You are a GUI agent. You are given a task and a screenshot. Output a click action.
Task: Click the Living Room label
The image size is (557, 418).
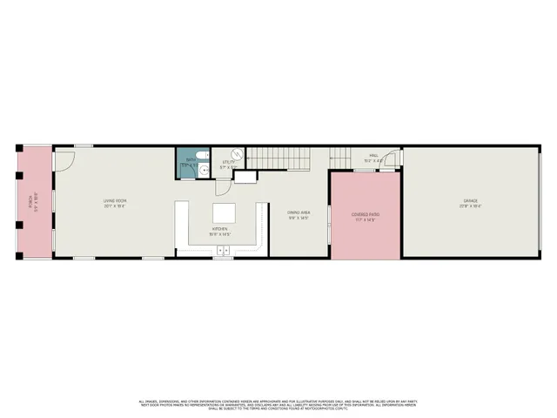[115, 201]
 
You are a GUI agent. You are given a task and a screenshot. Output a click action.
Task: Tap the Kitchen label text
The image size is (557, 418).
[218, 229]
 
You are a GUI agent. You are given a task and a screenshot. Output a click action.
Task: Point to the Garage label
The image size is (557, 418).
[471, 201]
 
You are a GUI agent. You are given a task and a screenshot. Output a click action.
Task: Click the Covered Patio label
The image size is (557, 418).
[366, 213]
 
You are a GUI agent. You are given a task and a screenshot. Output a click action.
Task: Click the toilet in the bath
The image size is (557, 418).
[200, 155]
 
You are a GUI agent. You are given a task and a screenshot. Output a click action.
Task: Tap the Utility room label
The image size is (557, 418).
[229, 162]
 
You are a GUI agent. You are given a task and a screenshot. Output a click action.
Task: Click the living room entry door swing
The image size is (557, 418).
[63, 160]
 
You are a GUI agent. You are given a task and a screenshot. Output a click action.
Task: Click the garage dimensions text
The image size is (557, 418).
[471, 206]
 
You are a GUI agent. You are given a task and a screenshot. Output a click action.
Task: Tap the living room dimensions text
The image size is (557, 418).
[115, 206]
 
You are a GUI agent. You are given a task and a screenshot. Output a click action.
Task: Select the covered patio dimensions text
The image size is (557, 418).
[366, 219]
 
